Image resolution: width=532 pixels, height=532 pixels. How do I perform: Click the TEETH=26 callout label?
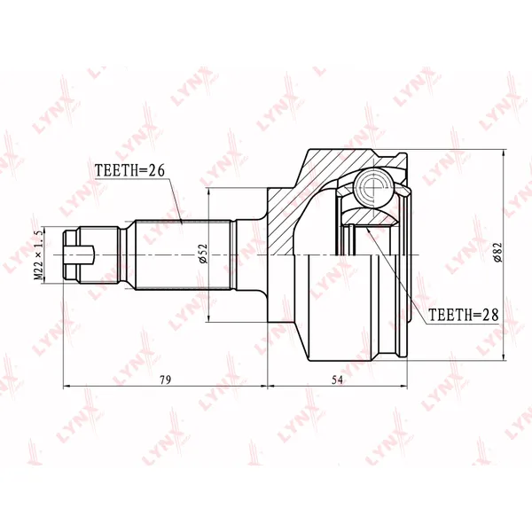(x=129, y=170)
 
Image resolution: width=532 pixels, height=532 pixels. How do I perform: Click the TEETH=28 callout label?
(x=464, y=315)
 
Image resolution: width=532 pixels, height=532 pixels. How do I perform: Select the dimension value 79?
(x=165, y=380)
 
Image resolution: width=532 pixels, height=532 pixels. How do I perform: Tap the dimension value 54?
(x=337, y=380)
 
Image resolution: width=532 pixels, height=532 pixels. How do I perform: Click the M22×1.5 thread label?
(x=38, y=254)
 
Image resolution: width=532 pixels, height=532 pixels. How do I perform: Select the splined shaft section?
(x=184, y=254)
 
